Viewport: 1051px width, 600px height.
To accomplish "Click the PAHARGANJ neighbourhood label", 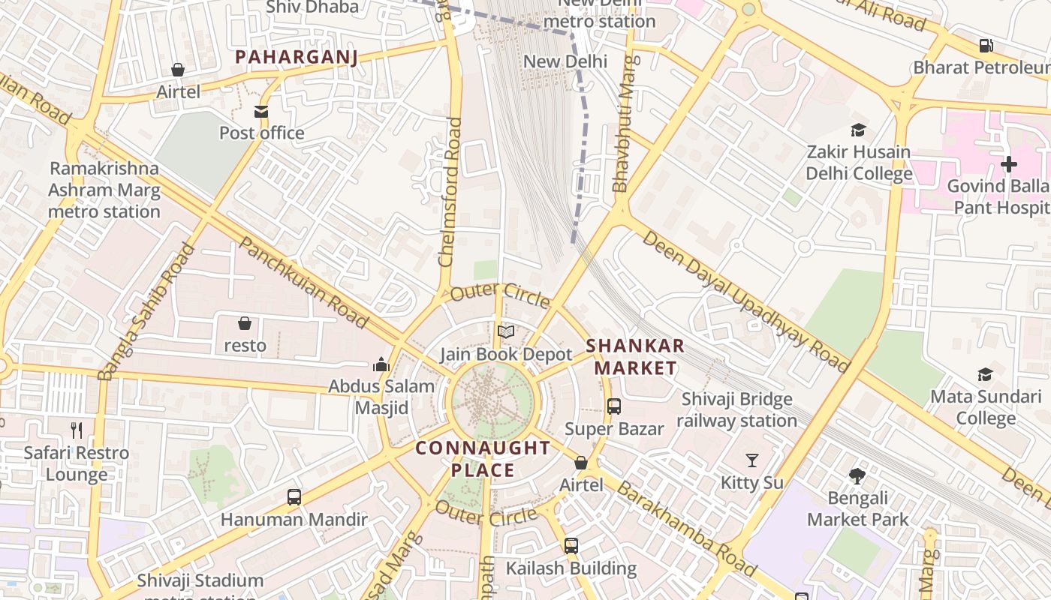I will pos(296,57).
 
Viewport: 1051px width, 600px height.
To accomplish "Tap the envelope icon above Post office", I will pos(261,112).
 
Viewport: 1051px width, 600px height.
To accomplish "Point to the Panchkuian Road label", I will pos(305,282).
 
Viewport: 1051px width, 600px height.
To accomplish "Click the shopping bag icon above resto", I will pos(245,323).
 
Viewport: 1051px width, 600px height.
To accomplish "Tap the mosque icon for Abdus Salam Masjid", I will pos(381,364).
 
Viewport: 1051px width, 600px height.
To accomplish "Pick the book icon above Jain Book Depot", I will pos(506,331).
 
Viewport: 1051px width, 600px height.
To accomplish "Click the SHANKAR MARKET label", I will pos(635,356).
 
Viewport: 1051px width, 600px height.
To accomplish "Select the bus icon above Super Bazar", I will pos(614,406).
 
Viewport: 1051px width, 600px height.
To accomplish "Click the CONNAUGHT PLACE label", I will pos(483,459).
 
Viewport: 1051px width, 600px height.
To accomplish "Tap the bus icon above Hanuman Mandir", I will pos(294,496).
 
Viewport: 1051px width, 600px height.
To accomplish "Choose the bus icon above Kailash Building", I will pos(571,545).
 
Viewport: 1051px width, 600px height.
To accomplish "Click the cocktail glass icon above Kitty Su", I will pos(752,460).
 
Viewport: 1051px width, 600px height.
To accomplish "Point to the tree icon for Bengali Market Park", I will pos(857,475).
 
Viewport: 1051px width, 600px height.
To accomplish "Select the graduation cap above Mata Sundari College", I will pos(985,374).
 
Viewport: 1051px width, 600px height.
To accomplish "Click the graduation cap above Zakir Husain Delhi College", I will pos(859,130).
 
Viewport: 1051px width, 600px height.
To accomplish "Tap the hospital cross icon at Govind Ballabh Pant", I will pos(1009,163).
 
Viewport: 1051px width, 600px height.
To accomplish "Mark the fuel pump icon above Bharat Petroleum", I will pos(986,46).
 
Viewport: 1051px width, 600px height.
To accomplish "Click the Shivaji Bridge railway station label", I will pos(736,409).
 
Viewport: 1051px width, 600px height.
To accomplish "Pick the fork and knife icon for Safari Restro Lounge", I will pos(77,430).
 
